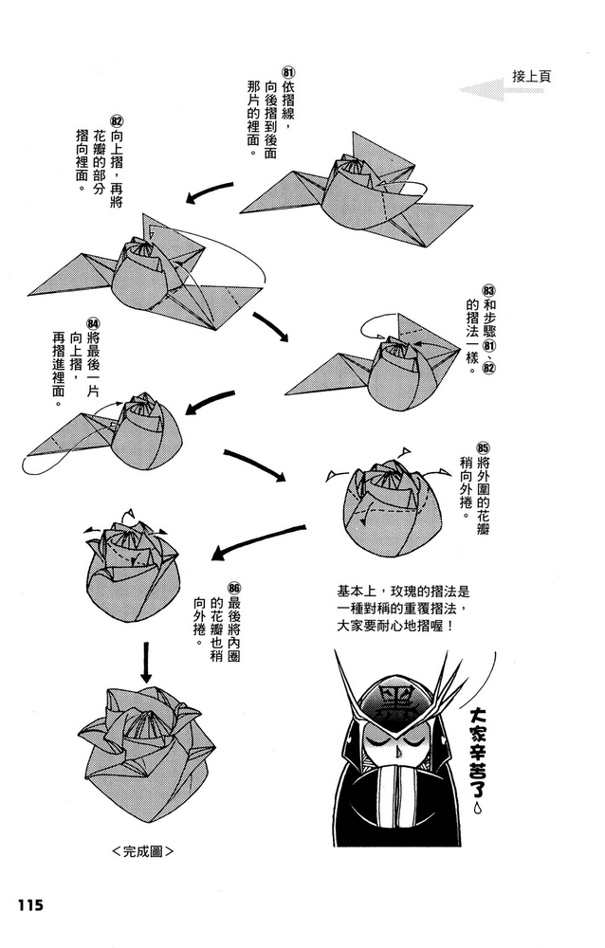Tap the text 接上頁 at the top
pyautogui.click(x=531, y=76)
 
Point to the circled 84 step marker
pyautogui.click(x=93, y=325)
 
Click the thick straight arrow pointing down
pyautogui.click(x=146, y=661)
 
